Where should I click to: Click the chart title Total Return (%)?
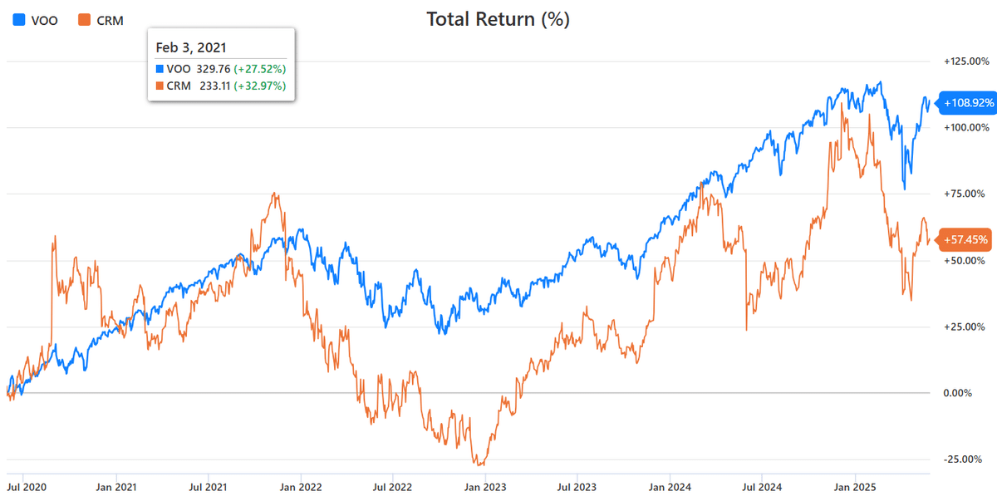point(498,20)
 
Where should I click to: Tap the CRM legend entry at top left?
point(99,20)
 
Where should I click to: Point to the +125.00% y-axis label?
point(966,61)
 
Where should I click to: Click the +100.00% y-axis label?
point(966,128)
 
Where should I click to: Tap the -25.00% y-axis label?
point(966,459)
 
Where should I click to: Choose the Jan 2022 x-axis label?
point(299,486)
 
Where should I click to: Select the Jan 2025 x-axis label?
point(852,486)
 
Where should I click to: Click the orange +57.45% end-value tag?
point(965,240)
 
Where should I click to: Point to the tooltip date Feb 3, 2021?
point(190,47)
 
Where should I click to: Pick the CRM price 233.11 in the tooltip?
point(214,86)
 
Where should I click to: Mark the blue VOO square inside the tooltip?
point(160,69)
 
